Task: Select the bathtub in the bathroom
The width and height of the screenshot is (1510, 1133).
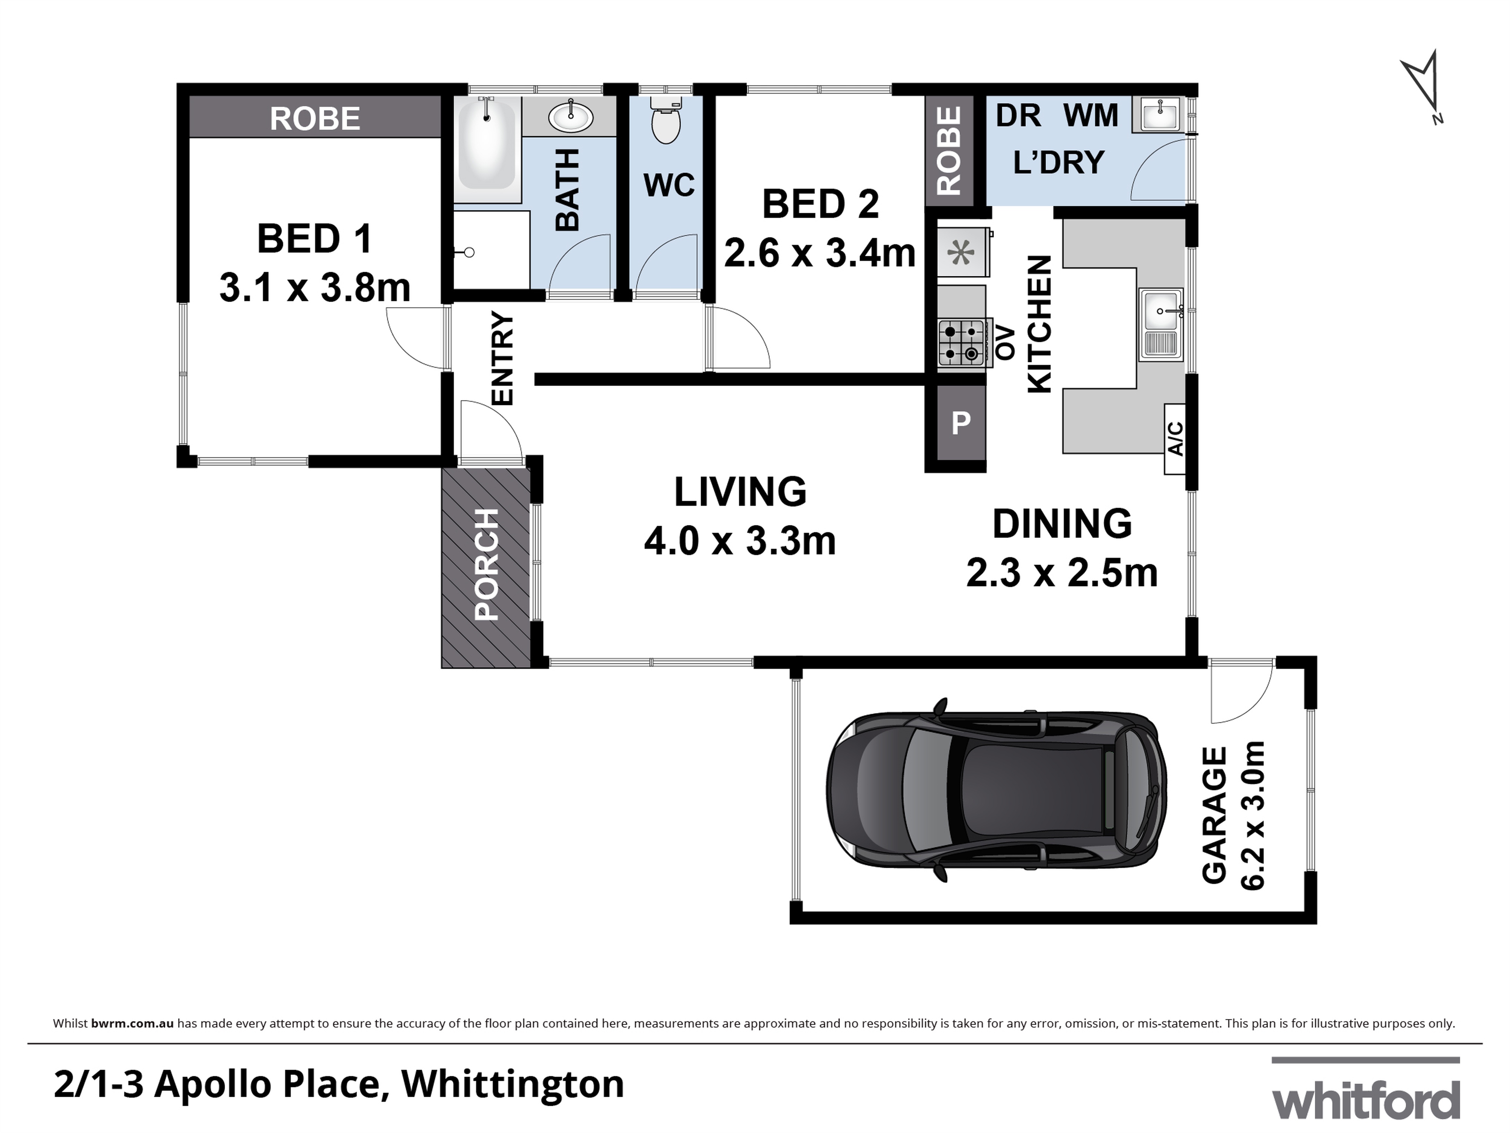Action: (x=487, y=147)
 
